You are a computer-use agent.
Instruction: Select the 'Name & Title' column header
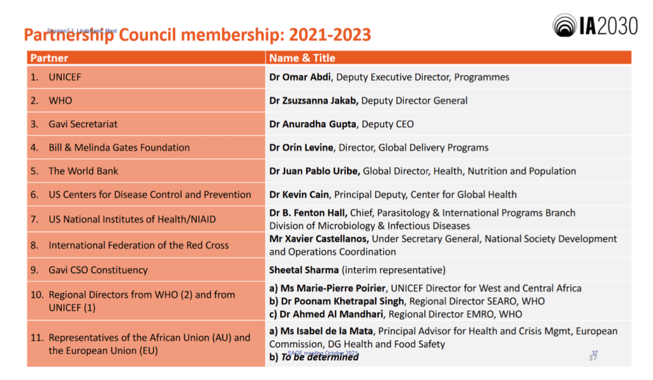click(302, 58)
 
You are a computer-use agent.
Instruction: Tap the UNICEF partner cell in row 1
click(64, 77)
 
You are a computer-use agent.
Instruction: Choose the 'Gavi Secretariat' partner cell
click(83, 124)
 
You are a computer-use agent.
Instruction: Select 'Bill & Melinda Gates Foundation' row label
click(119, 148)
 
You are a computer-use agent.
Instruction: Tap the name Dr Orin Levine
click(301, 148)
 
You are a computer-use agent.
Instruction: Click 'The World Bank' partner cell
click(83, 171)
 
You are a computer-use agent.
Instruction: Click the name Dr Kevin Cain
click(299, 194)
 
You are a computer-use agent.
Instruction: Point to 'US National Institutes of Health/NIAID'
click(132, 219)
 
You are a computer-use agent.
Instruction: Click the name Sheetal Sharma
click(304, 270)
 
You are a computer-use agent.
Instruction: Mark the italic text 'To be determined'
click(319, 357)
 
